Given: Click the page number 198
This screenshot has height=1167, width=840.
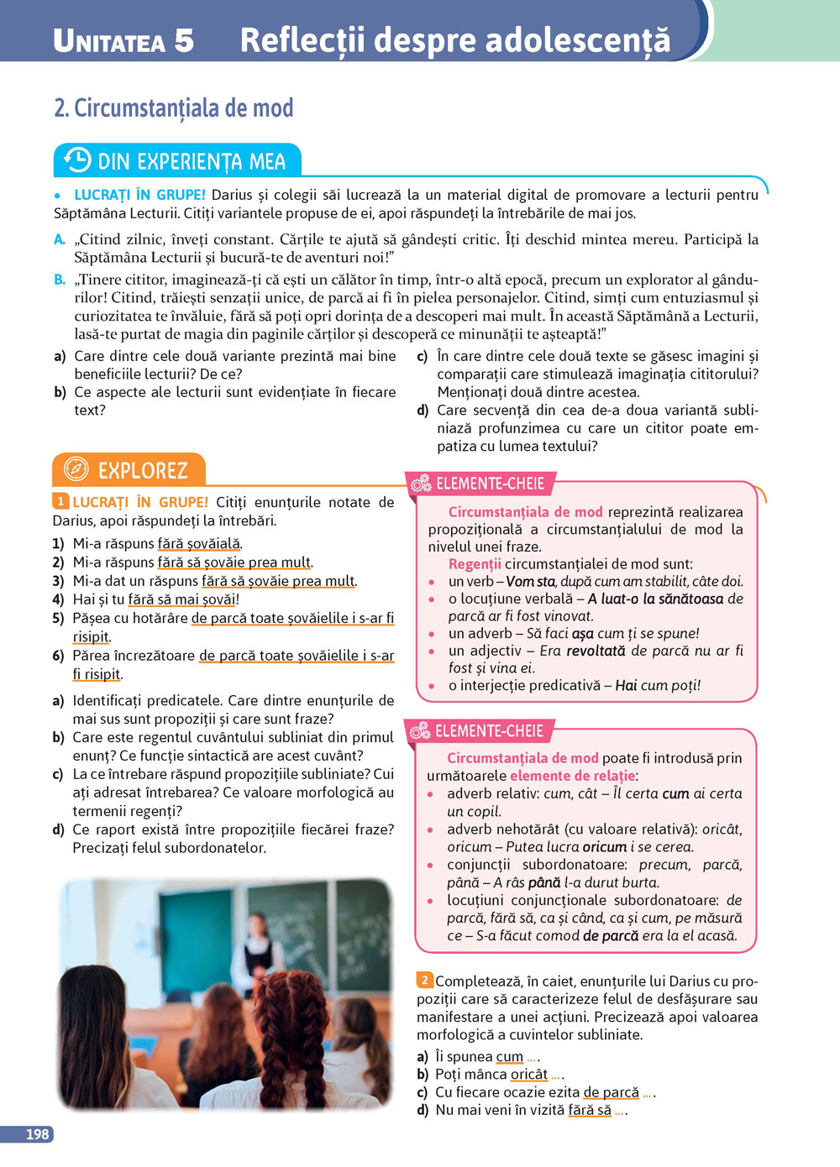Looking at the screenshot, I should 37,1134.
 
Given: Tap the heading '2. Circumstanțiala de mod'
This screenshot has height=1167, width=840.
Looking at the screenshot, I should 173,108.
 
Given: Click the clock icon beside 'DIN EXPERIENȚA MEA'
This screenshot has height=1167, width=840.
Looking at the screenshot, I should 77,160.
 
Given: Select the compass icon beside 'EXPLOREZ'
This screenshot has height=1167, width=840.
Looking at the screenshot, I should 76,469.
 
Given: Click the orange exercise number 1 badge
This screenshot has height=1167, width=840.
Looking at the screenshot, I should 60,501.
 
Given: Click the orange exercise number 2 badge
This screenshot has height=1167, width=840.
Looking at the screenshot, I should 425,980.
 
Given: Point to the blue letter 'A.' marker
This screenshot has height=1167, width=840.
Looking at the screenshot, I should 60,239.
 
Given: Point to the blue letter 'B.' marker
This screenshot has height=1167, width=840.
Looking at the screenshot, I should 60,280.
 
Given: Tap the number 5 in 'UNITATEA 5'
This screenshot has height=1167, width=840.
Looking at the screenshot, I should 183,40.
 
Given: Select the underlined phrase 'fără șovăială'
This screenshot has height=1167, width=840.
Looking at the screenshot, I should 199,544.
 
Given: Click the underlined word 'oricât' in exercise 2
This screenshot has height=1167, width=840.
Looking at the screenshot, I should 528,1075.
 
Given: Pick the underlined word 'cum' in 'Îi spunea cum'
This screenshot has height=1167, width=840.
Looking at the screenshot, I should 509,1057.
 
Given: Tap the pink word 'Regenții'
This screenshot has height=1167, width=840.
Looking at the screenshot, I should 475,564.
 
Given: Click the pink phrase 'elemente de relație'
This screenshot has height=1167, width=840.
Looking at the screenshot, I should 572,776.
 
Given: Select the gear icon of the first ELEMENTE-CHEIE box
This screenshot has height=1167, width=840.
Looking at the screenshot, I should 420,484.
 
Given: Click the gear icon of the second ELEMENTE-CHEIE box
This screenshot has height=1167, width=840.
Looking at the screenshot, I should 420,731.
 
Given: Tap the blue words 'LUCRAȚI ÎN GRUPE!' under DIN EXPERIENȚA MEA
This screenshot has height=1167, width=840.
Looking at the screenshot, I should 139,195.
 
